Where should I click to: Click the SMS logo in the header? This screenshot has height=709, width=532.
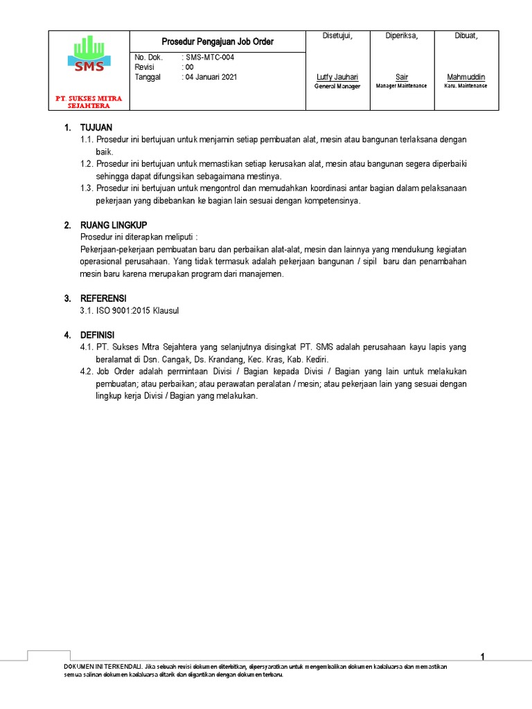pos(89,55)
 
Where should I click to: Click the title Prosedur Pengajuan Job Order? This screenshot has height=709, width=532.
pos(218,42)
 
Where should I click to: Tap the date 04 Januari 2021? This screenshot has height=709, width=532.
pos(211,77)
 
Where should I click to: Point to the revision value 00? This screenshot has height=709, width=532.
pos(188,67)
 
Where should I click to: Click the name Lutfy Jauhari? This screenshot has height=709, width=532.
pos(337,77)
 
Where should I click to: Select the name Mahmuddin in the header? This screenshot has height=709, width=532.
pos(465,77)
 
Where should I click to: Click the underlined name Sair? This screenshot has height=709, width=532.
pos(402,77)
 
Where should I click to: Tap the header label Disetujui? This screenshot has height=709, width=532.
pos(338,36)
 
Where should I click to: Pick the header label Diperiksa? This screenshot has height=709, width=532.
pos(402,36)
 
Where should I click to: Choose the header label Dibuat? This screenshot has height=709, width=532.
pos(465,36)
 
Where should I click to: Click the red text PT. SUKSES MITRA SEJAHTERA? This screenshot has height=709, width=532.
pos(89,102)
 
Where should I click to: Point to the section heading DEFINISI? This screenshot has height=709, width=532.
pos(98,335)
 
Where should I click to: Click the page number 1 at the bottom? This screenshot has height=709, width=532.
pos(483,657)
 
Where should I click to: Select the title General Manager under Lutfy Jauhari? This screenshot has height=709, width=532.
pos(337,87)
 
